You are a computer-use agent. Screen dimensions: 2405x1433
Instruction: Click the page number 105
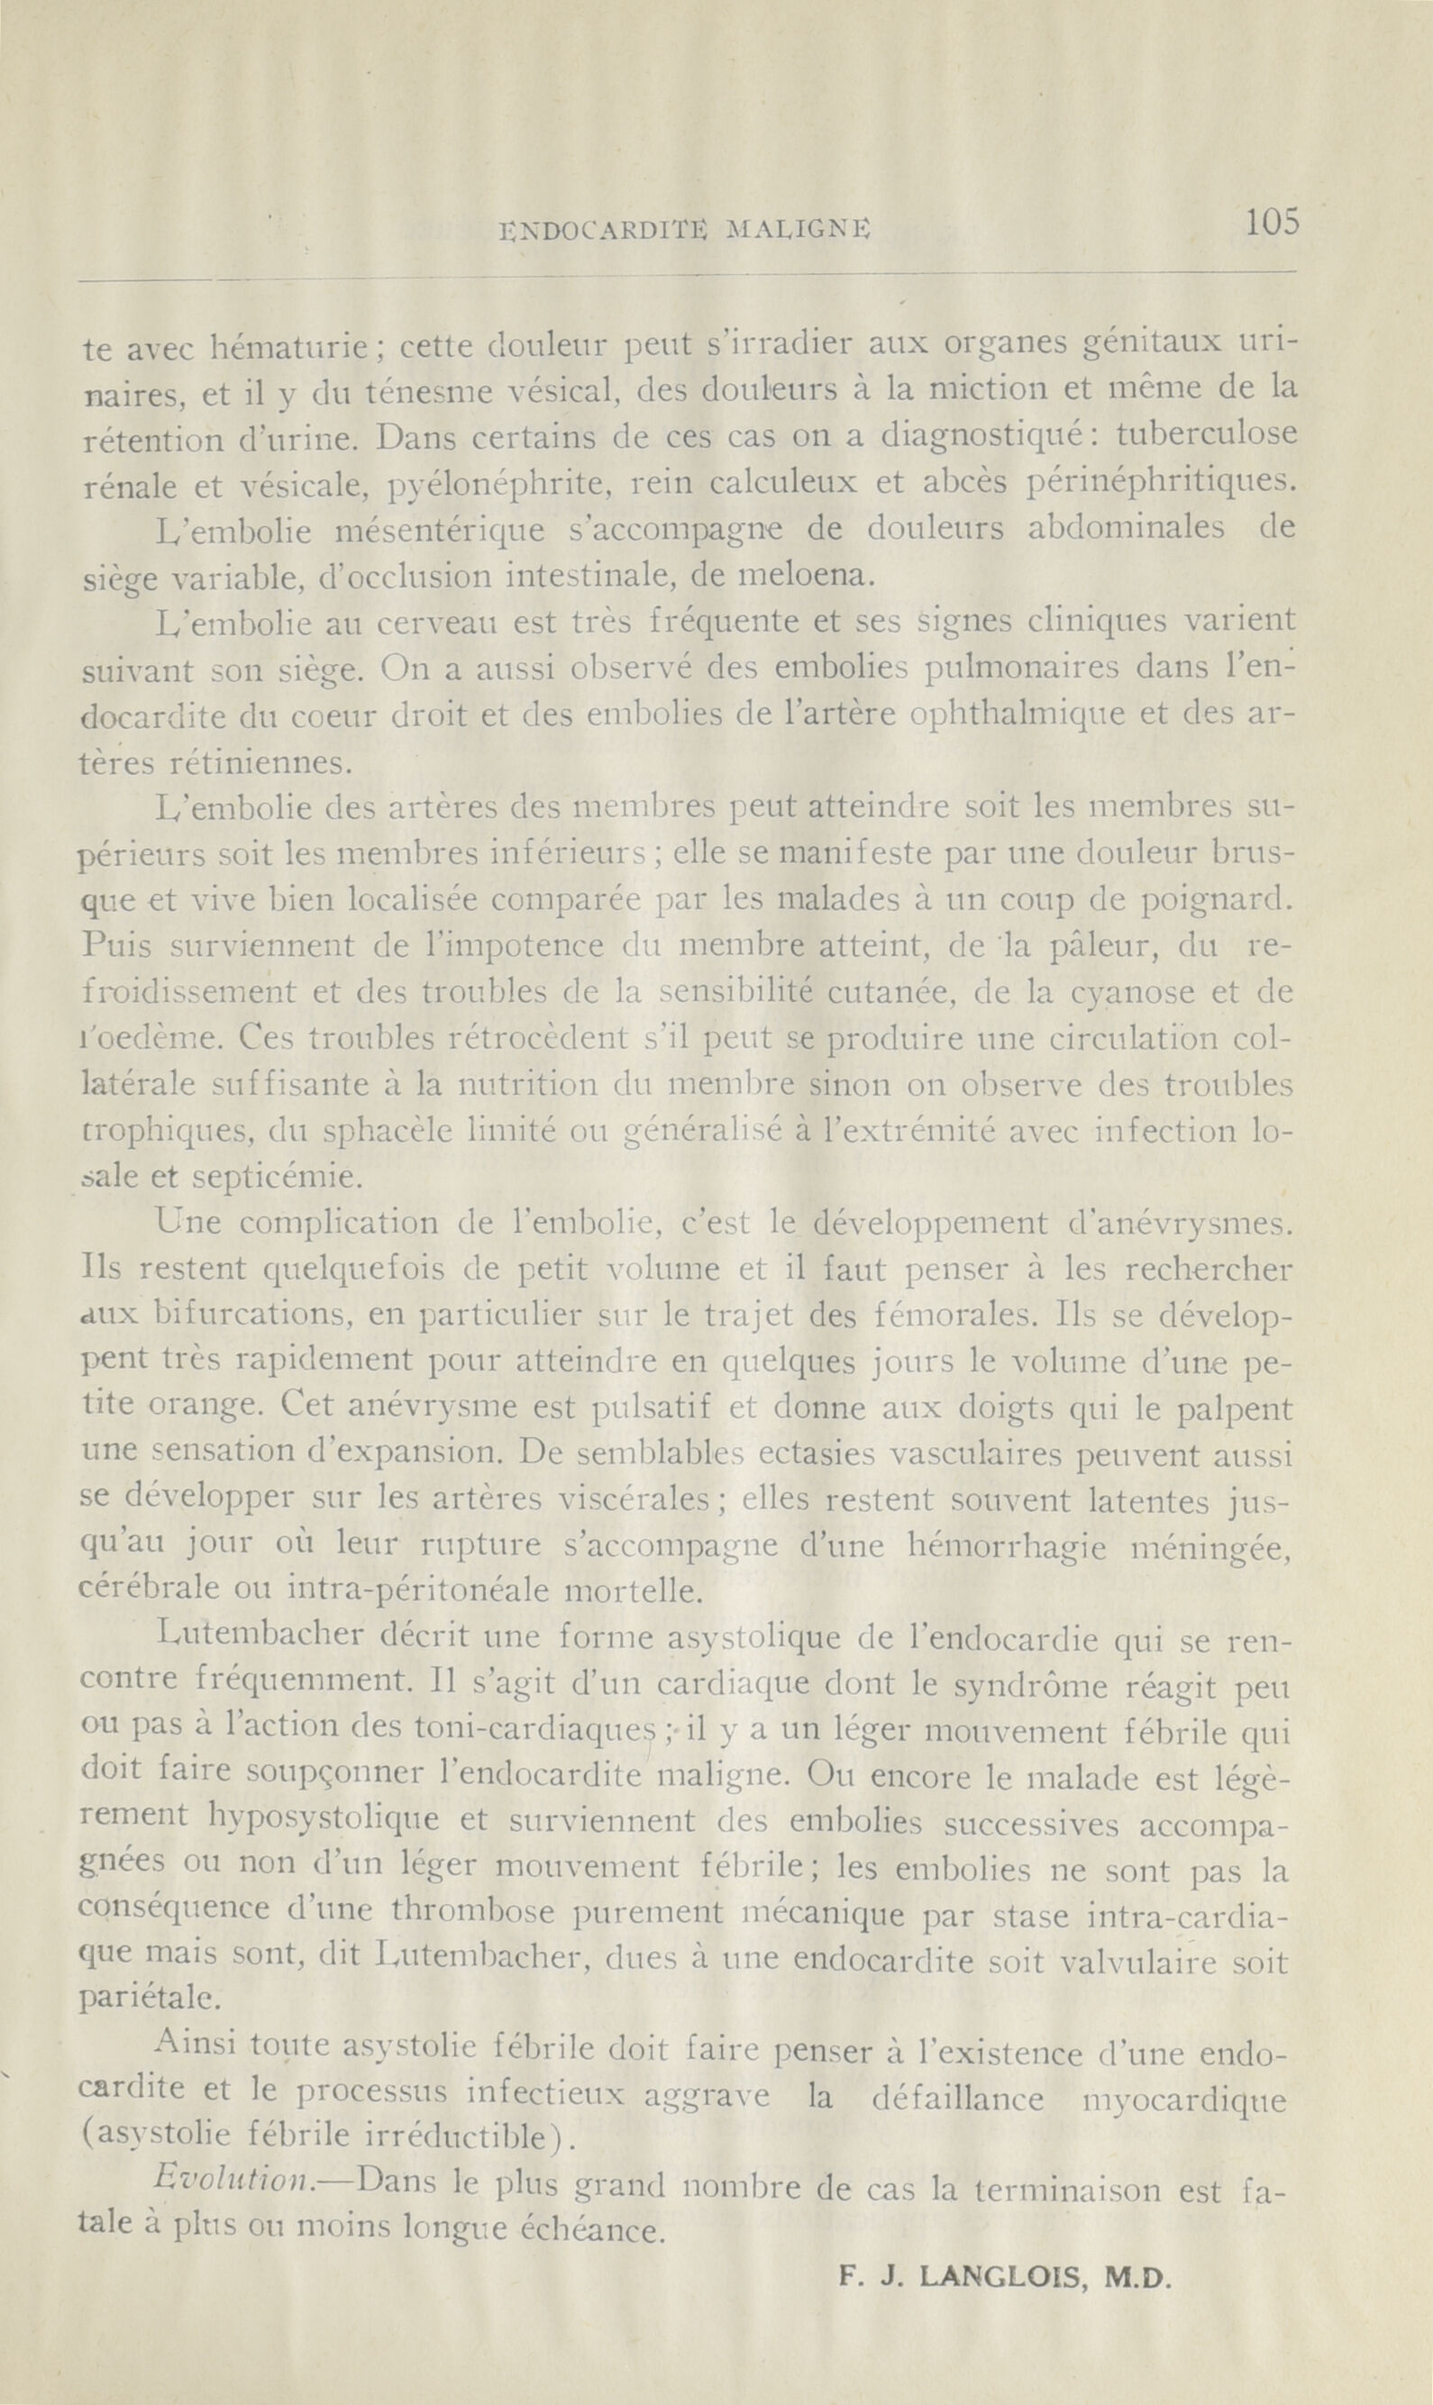click(1272, 223)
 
